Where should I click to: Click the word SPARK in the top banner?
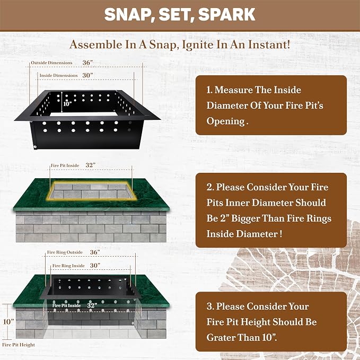point(226,14)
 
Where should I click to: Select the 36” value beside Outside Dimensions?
point(87,63)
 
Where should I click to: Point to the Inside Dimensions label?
point(58,75)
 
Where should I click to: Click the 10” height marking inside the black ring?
point(67,104)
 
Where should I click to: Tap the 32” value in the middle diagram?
point(91,165)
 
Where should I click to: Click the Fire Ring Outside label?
point(65,252)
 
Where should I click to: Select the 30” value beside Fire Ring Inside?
point(95,266)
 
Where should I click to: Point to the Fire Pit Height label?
point(19,345)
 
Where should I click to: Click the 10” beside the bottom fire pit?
point(8,322)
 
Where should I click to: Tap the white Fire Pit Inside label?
point(66,305)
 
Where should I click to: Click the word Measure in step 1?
point(234,90)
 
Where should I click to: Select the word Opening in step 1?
point(226,121)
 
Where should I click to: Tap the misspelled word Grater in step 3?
point(221,338)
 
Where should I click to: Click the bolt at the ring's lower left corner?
point(36,147)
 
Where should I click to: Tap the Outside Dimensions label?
point(51,63)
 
